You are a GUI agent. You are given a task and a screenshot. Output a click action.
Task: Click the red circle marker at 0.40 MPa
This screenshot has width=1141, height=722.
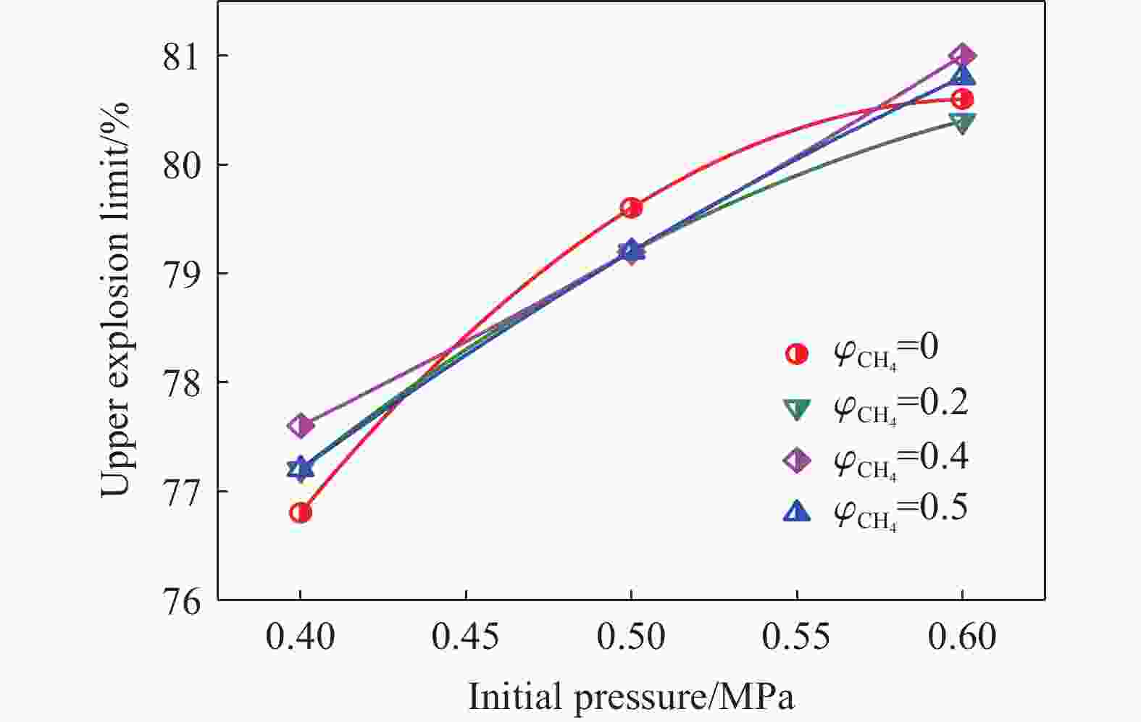[300, 513]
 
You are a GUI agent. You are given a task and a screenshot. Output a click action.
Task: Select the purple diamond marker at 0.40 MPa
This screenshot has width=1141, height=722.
[300, 425]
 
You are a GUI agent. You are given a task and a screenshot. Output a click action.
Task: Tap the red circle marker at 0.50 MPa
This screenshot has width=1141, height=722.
[631, 208]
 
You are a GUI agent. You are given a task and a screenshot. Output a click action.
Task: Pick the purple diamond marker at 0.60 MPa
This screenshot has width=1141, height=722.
[962, 55]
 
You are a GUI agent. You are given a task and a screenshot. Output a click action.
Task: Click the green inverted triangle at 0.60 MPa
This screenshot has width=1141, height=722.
[962, 123]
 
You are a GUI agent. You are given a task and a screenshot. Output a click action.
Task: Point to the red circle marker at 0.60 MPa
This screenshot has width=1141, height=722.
[962, 99]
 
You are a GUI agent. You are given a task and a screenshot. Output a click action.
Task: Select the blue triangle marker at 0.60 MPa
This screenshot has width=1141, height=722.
[962, 75]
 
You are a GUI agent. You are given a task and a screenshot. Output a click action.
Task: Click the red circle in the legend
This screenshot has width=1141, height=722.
[797, 354]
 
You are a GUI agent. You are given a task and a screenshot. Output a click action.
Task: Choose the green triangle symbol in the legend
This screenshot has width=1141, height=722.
[797, 408]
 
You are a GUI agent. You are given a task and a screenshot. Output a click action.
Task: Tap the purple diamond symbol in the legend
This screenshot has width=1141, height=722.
[797, 461]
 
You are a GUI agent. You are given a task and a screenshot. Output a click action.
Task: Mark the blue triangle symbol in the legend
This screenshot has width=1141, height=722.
[797, 512]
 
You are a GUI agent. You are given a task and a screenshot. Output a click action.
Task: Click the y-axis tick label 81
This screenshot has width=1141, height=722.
[184, 56]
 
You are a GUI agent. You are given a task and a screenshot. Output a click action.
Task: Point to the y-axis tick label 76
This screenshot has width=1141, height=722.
[184, 600]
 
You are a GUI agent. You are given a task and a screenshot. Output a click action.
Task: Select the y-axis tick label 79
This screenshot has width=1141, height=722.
[184, 274]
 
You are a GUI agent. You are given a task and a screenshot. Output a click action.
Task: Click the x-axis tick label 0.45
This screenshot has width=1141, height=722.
[466, 637]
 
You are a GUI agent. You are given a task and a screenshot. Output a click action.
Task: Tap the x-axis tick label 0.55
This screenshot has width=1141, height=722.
[797, 637]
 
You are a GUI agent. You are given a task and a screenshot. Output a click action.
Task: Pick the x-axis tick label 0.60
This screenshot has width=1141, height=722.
[962, 637]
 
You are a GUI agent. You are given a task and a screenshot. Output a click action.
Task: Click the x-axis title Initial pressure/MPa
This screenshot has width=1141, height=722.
[631, 697]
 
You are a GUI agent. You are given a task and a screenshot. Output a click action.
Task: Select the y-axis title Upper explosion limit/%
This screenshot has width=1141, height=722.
[115, 299]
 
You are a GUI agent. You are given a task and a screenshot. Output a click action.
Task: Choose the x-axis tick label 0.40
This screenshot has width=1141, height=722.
[300, 637]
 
